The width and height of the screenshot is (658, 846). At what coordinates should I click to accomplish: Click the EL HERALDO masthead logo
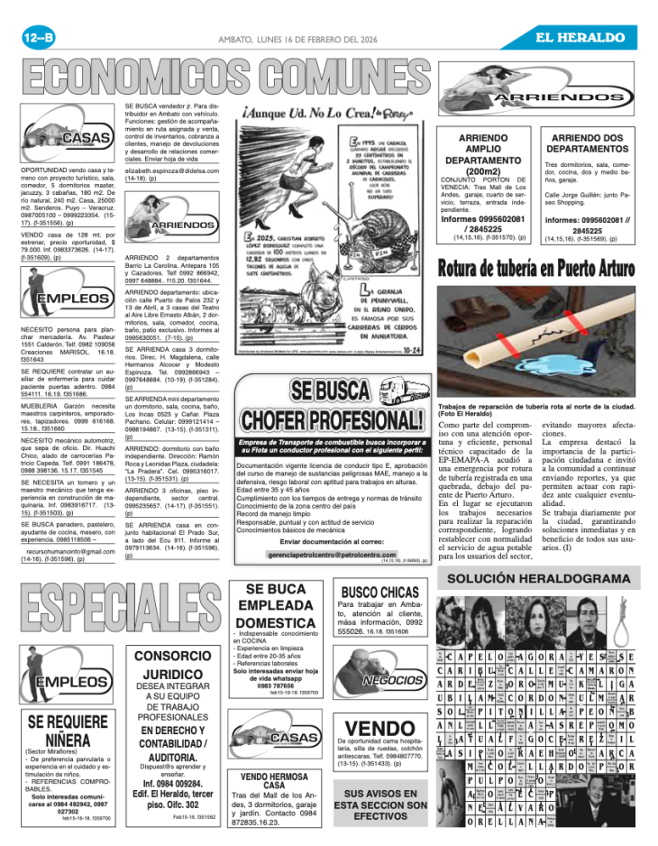(x=580, y=38)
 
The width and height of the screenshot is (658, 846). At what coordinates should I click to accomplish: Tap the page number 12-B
(x=39, y=38)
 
